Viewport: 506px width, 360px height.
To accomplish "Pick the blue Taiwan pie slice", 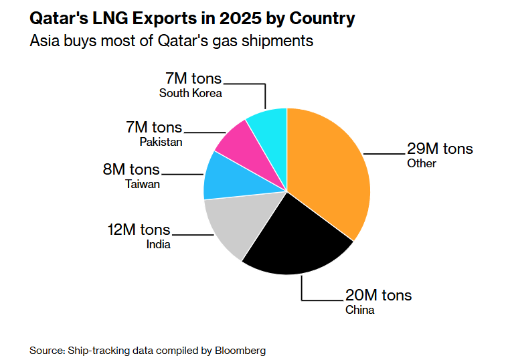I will [224, 177].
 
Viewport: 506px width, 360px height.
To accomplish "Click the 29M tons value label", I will [440, 149].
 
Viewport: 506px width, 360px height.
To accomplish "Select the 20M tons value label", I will [378, 295].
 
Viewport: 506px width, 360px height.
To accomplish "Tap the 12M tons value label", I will [139, 230].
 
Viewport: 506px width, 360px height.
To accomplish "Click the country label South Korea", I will [190, 94].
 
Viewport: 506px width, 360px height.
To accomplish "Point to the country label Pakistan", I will [161, 142].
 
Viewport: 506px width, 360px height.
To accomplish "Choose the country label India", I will [158, 244].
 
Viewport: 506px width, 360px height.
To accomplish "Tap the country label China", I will [359, 310].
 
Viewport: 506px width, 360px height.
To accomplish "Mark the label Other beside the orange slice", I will [421, 163].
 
